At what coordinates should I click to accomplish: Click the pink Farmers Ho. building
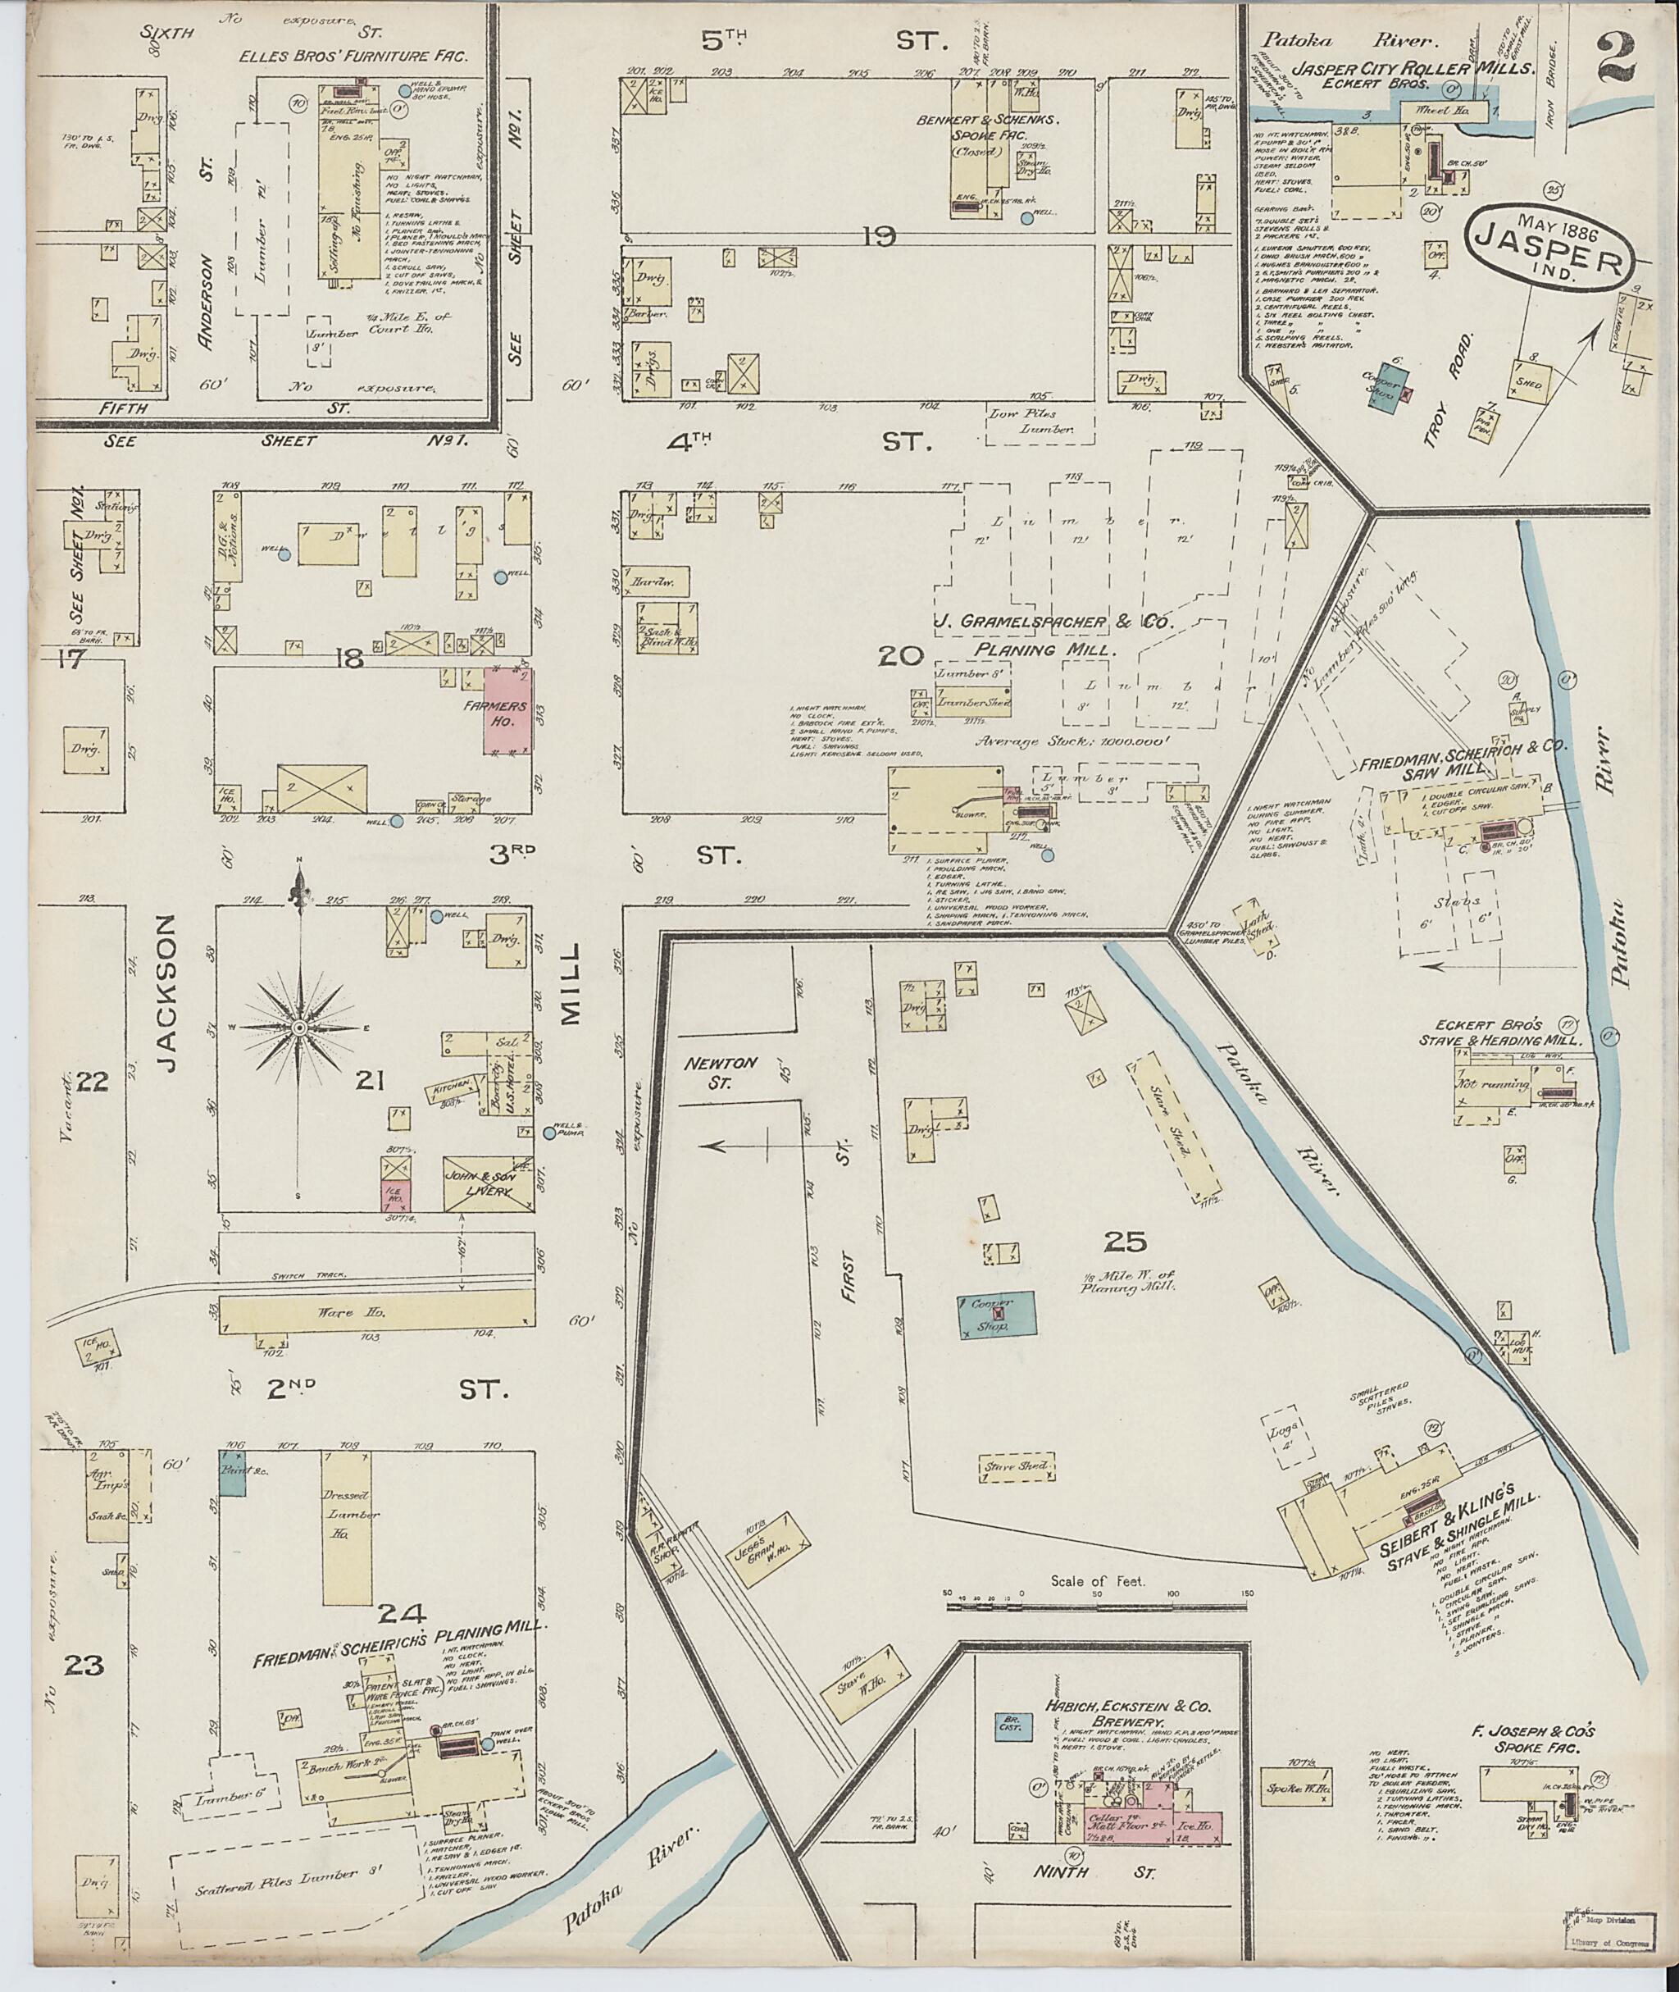point(508,711)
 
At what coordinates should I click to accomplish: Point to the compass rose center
point(299,1028)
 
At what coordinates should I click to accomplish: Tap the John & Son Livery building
point(486,1183)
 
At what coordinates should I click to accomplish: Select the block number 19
point(879,237)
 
